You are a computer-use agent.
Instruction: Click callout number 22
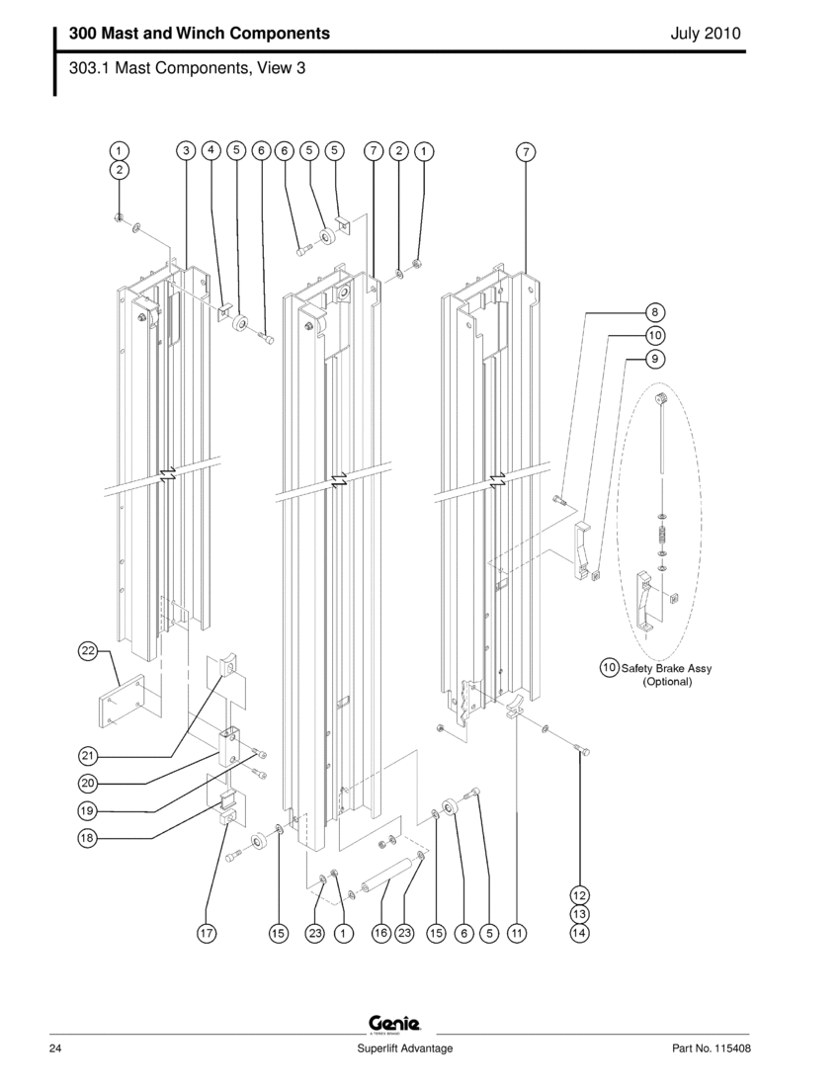88,650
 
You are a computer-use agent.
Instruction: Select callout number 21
88,756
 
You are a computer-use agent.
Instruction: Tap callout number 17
206,932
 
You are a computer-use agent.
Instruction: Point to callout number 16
380,932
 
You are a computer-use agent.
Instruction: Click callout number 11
516,932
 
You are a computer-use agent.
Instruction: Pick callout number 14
579,932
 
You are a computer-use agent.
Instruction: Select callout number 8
655,307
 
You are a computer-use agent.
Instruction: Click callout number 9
655,359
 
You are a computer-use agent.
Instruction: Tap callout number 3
186,150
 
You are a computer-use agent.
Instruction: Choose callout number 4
211,150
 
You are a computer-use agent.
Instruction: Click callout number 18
88,838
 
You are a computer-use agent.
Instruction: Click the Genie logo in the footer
395,1023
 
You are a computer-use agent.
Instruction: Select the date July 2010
705,34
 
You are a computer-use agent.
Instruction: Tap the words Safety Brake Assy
666,668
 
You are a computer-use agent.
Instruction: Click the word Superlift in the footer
381,1048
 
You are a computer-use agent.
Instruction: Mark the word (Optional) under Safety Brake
668,682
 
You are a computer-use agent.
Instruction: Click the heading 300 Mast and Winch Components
200,34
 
